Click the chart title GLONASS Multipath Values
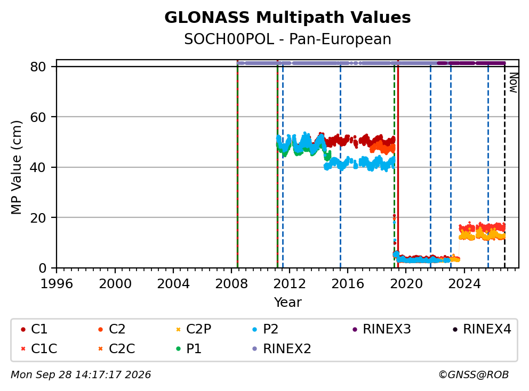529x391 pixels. click(287, 18)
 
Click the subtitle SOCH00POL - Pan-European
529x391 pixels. click(287, 39)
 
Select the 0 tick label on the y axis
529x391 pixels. click(43, 268)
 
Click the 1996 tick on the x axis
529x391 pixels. click(57, 284)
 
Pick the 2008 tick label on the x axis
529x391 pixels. click(231, 284)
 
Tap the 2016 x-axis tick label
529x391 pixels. click(348, 284)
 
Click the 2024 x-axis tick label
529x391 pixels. click(464, 284)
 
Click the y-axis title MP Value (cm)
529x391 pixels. click(16, 167)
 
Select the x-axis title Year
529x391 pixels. click(287, 302)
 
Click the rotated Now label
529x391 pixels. click(513, 83)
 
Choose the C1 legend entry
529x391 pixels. click(34, 329)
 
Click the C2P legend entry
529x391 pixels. click(194, 329)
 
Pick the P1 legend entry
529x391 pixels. click(189, 348)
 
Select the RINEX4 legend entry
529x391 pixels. click(482, 329)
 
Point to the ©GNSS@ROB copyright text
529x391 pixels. click(474, 374)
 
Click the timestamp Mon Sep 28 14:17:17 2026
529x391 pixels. click(81, 374)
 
